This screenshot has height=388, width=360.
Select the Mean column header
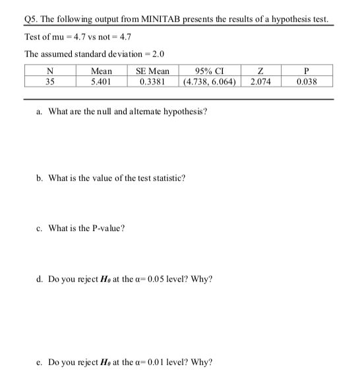101,71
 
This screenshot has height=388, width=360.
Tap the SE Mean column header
152,71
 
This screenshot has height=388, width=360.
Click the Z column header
264,71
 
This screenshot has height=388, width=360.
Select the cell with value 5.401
101,82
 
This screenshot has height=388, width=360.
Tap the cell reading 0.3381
152,82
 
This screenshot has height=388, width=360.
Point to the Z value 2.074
264,82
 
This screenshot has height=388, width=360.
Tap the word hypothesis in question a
185,111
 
